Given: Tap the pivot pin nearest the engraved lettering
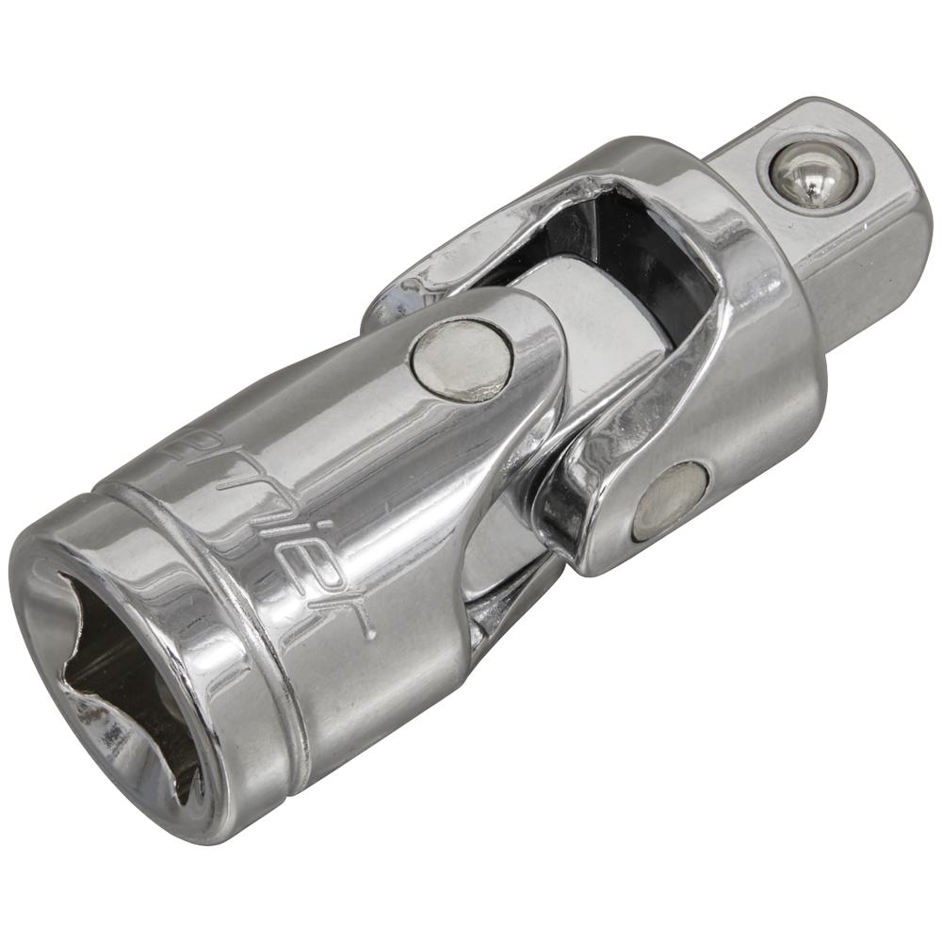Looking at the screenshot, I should pyautogui.click(x=462, y=359).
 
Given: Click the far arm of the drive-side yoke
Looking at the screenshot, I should pyautogui.click(x=443, y=273).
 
